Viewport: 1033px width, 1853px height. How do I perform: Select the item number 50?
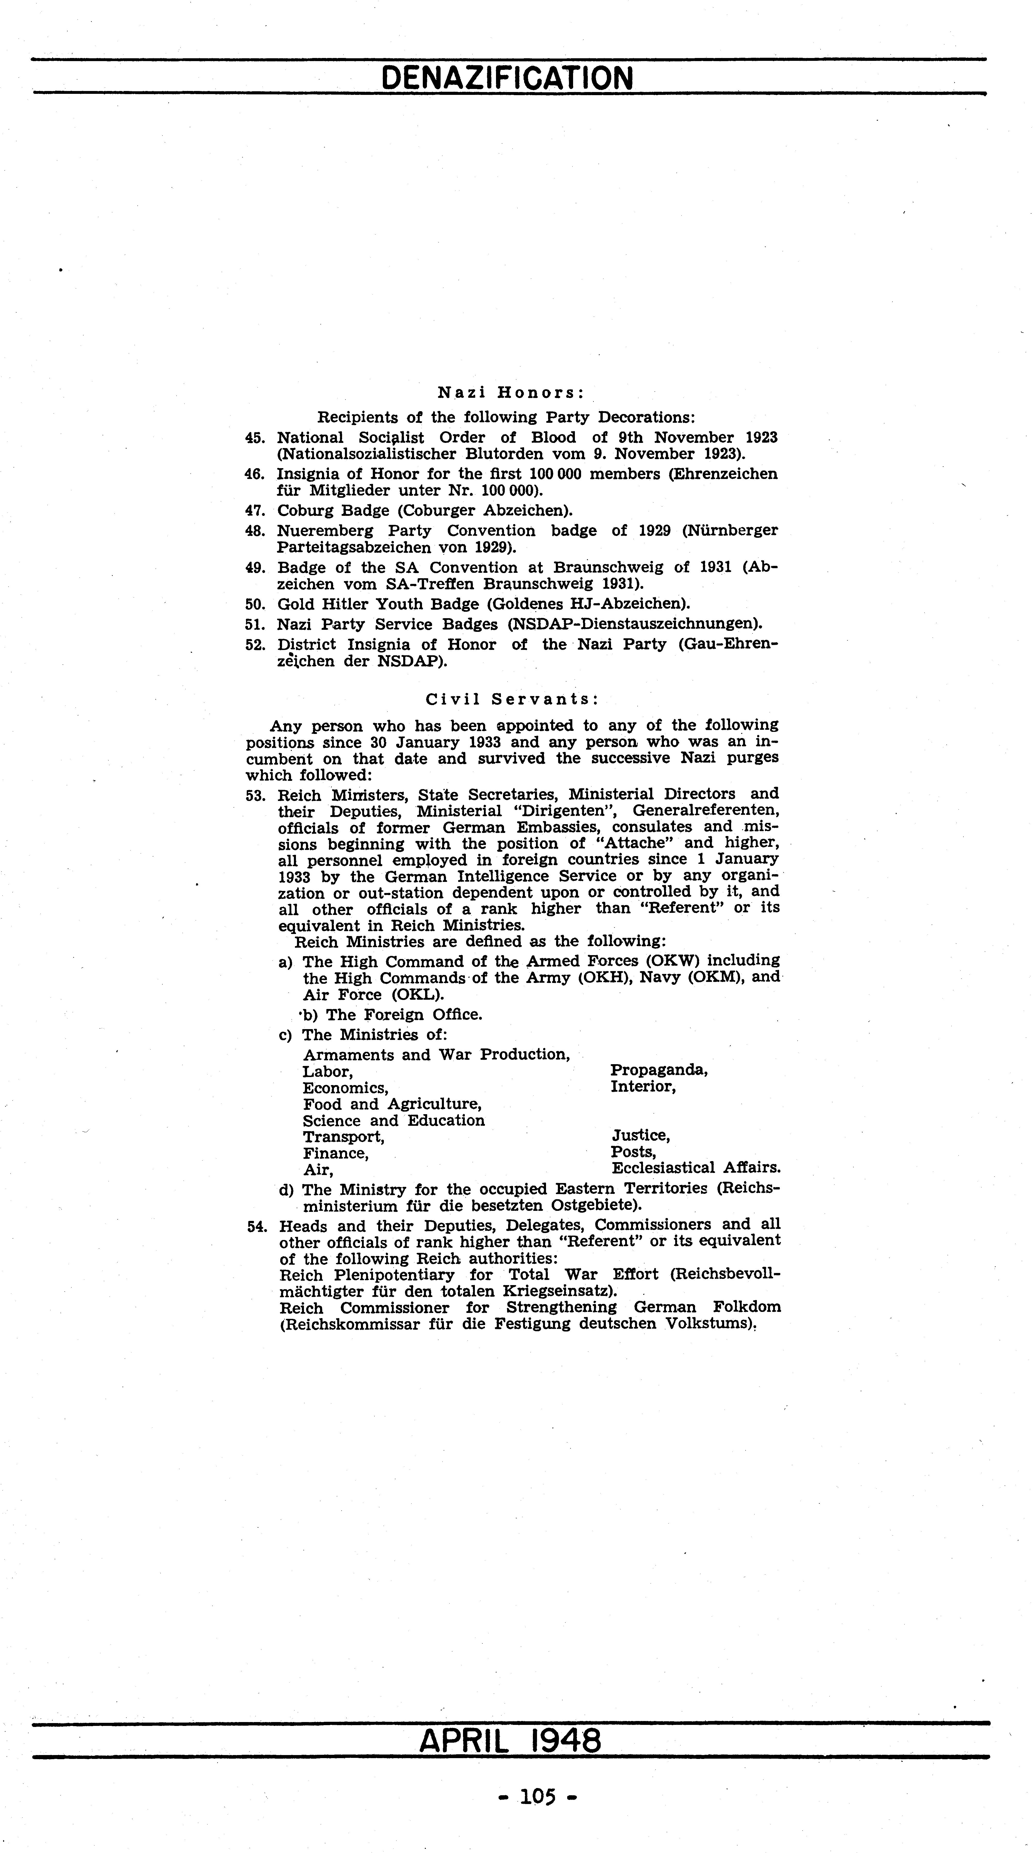coord(255,604)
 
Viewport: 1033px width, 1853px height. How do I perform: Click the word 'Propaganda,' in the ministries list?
coord(659,1070)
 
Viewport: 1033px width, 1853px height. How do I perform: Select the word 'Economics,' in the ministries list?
coord(345,1088)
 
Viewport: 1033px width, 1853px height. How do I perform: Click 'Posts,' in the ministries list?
coord(633,1152)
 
